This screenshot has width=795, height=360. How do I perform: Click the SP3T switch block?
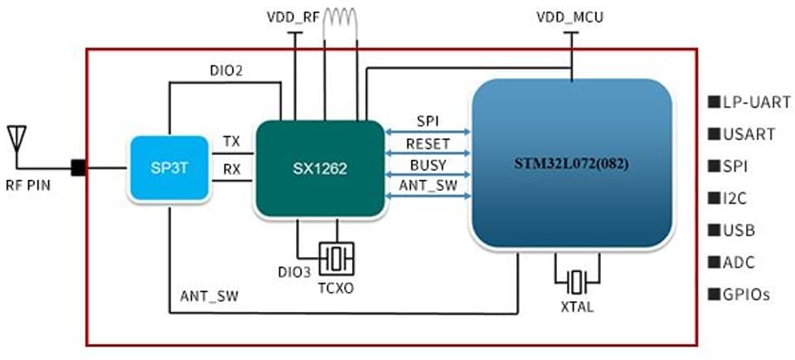[167, 168]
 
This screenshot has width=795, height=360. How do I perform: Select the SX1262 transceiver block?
[319, 168]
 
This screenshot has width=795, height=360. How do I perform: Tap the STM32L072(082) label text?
[571, 163]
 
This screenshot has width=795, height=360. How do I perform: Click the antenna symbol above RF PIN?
[17, 139]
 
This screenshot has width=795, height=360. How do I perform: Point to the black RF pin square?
[79, 168]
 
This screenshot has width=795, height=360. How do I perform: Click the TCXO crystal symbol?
[337, 258]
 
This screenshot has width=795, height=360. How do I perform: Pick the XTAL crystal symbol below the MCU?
[578, 282]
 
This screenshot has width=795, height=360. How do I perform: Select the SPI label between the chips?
[428, 122]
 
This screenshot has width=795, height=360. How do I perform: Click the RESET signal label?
[428, 144]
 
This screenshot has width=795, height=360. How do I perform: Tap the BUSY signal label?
[428, 165]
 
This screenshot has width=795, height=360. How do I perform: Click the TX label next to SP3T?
[231, 142]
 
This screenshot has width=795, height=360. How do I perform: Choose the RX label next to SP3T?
[231, 170]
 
